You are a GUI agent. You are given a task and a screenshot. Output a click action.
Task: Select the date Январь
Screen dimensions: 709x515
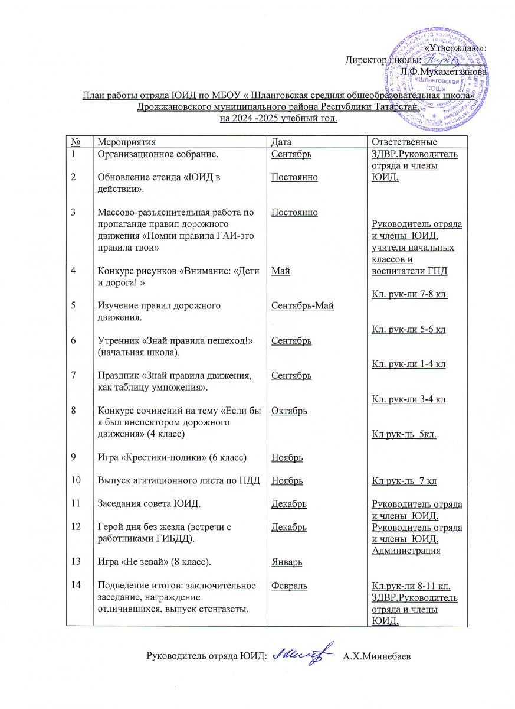[x=287, y=561]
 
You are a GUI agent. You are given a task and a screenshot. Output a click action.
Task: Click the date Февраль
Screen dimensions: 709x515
[x=289, y=586]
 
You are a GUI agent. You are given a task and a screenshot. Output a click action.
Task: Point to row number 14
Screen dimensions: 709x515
[x=76, y=586]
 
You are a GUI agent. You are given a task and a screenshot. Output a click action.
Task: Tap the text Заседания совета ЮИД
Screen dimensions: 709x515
[x=141, y=504]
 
